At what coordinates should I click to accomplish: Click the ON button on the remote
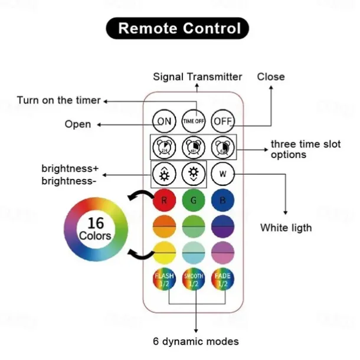[x=164, y=121]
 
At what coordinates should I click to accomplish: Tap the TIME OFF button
[x=193, y=121]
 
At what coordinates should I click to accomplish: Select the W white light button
[x=222, y=174]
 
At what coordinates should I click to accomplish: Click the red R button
[x=164, y=201]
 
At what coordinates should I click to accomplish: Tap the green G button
[x=193, y=201]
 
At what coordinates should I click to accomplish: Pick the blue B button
[x=222, y=201]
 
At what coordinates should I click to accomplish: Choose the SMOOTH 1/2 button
[x=193, y=279]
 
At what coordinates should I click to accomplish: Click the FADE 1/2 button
[x=222, y=279]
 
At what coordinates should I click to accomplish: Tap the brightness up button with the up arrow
[x=164, y=174]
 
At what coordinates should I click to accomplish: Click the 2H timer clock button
[x=164, y=146]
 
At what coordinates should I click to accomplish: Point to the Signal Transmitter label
[x=198, y=77]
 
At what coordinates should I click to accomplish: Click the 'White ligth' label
[x=286, y=227]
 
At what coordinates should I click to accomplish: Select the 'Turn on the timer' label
[x=58, y=100]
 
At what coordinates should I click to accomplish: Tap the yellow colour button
[x=164, y=253]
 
